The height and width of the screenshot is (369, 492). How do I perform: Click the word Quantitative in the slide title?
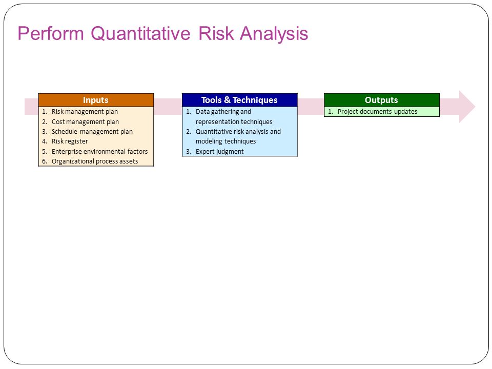tap(140, 34)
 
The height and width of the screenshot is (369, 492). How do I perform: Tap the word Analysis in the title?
tap(274, 34)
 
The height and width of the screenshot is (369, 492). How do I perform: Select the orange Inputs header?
tap(96, 100)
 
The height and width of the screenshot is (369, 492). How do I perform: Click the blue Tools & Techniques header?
tap(240, 100)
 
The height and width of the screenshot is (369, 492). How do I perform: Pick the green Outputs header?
tap(381, 100)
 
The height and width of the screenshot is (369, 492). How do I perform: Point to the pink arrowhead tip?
tap(475, 107)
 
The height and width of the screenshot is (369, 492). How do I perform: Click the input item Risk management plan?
tap(85, 112)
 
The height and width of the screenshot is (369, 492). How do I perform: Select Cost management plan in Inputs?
tap(85, 122)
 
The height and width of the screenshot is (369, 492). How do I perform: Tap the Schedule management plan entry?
tap(92, 132)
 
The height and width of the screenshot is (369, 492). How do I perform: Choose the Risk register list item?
tap(70, 141)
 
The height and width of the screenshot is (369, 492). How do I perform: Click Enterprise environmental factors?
tap(99, 152)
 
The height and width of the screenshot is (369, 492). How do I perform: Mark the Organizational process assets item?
tap(95, 161)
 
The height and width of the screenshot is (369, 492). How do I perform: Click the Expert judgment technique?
tap(220, 152)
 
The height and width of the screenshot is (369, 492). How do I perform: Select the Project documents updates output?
tap(378, 112)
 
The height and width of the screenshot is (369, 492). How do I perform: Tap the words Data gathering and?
tap(223, 112)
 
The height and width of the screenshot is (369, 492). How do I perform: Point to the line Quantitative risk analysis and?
tap(238, 132)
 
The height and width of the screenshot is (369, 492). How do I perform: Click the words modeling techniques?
tap(225, 141)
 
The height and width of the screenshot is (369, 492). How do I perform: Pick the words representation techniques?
tap(234, 122)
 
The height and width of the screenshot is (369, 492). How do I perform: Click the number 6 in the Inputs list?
tap(44, 161)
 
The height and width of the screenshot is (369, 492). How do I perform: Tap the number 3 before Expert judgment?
tap(188, 152)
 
